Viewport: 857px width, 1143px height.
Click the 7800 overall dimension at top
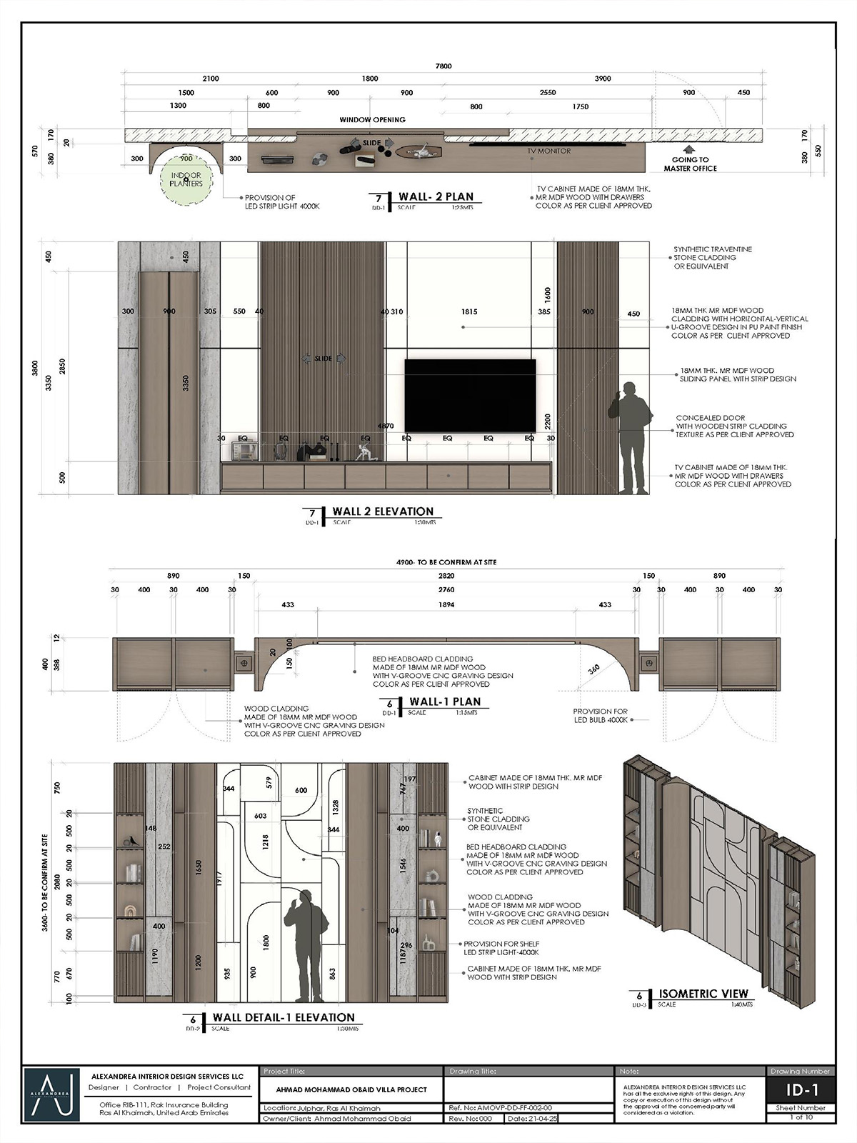click(x=443, y=66)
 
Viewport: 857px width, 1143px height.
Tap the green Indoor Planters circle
click(x=186, y=179)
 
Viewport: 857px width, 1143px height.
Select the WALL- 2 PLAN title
click(x=436, y=196)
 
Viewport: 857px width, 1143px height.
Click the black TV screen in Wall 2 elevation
click(x=470, y=395)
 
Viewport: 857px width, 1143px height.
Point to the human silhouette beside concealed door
click(x=629, y=437)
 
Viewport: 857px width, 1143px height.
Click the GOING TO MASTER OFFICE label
click(x=690, y=164)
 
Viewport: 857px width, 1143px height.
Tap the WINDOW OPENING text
click(x=372, y=120)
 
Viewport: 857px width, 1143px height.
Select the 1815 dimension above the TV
click(x=469, y=311)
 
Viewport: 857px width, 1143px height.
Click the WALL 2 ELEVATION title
click(x=383, y=511)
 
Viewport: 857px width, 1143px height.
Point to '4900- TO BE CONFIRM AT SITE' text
click(x=446, y=562)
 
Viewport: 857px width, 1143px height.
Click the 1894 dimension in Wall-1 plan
click(x=446, y=604)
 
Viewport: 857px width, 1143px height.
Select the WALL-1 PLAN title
click(x=445, y=702)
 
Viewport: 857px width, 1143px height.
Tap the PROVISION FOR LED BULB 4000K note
click(x=600, y=716)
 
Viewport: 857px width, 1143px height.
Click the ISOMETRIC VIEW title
click(x=703, y=994)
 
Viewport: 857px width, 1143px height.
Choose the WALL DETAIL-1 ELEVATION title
click(x=284, y=1017)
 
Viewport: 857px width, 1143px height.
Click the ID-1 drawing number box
click(x=800, y=1089)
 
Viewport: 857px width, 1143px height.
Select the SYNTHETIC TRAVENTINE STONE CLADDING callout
click(x=712, y=258)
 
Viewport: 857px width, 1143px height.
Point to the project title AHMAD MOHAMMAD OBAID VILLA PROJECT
click(x=351, y=1089)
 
